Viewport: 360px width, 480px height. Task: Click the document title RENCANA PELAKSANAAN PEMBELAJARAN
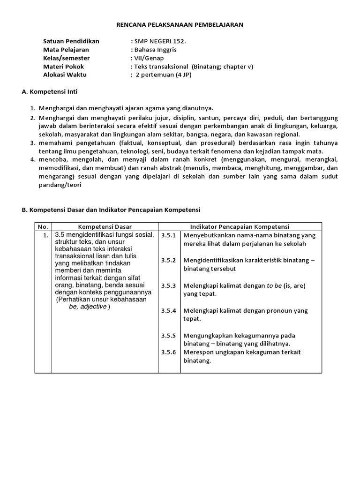point(180,24)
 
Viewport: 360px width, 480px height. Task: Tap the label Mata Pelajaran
point(66,50)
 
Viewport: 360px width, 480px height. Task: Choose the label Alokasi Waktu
point(65,75)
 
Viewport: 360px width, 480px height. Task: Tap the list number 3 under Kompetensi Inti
point(33,142)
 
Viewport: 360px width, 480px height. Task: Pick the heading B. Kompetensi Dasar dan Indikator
point(111,210)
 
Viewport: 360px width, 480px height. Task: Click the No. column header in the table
point(43,226)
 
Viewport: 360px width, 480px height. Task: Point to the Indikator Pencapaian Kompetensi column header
point(240,226)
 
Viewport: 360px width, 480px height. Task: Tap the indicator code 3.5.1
point(168,235)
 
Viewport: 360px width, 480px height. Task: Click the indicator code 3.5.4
point(168,310)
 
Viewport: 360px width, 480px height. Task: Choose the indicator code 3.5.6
point(168,352)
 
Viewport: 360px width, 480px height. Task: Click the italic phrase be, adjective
point(88,307)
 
